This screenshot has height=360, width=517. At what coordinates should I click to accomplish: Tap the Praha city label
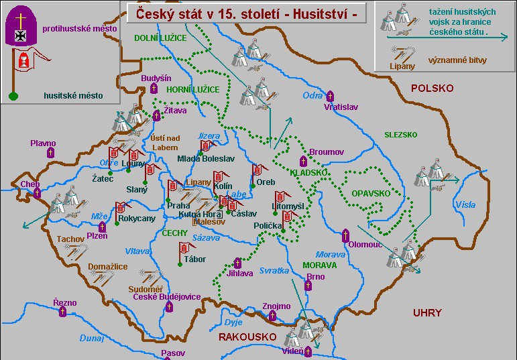tap(179, 206)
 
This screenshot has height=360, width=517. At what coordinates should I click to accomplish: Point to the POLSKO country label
tap(432, 88)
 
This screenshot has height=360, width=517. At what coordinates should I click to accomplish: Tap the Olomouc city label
tap(365, 245)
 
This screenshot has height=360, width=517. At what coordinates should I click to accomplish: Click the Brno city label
tap(315, 276)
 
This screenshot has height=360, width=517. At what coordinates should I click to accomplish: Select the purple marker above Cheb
tap(38, 193)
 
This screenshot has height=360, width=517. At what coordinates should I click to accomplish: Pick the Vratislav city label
tap(341, 107)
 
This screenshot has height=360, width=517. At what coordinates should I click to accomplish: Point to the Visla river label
tap(465, 204)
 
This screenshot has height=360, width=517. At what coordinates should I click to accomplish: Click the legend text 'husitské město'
tap(73, 96)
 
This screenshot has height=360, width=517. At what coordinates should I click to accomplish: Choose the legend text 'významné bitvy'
tap(461, 60)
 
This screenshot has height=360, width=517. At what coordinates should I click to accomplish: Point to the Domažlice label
tap(108, 266)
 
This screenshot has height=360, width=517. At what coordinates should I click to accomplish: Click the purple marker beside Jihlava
tap(237, 263)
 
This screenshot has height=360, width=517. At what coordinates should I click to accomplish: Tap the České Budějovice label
tap(166, 296)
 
